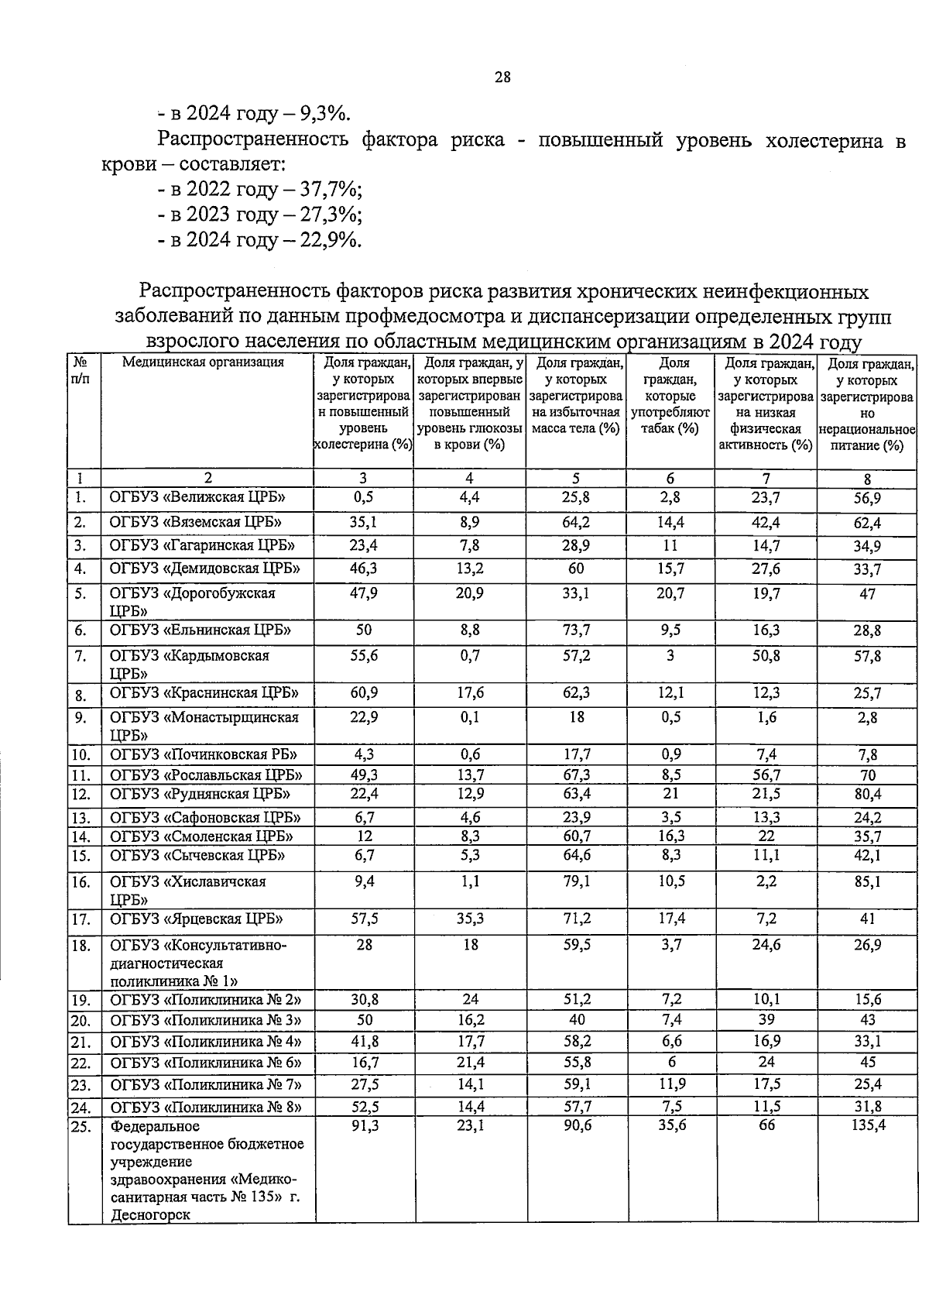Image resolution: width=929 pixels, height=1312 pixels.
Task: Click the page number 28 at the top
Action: [502, 77]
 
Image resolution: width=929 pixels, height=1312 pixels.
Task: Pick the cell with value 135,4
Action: [867, 1125]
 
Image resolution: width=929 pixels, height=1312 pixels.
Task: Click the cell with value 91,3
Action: [363, 1125]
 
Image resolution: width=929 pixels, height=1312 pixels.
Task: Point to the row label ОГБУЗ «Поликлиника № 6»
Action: [205, 1063]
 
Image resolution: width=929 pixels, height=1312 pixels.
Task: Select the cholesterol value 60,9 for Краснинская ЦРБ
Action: [363, 692]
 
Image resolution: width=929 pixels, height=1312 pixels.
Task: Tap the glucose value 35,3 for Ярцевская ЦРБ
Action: [469, 919]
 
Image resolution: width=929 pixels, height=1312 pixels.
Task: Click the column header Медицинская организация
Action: [203, 362]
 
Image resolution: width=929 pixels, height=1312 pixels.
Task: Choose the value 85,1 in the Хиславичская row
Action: [867, 881]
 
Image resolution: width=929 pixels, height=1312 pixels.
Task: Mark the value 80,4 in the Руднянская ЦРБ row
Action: [867, 794]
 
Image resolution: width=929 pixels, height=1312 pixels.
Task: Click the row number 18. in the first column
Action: [81, 946]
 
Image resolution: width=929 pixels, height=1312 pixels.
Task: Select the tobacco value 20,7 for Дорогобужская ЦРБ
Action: [670, 593]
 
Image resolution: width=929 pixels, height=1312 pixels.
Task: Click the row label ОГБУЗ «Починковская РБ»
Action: [204, 754]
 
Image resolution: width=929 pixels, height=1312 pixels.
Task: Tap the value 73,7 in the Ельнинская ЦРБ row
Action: [577, 630]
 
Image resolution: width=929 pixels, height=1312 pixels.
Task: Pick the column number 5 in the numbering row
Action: [576, 479]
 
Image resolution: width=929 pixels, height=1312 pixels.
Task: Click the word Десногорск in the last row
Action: [150, 1214]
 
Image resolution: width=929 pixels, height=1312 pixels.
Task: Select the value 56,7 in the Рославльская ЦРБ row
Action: [766, 774]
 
